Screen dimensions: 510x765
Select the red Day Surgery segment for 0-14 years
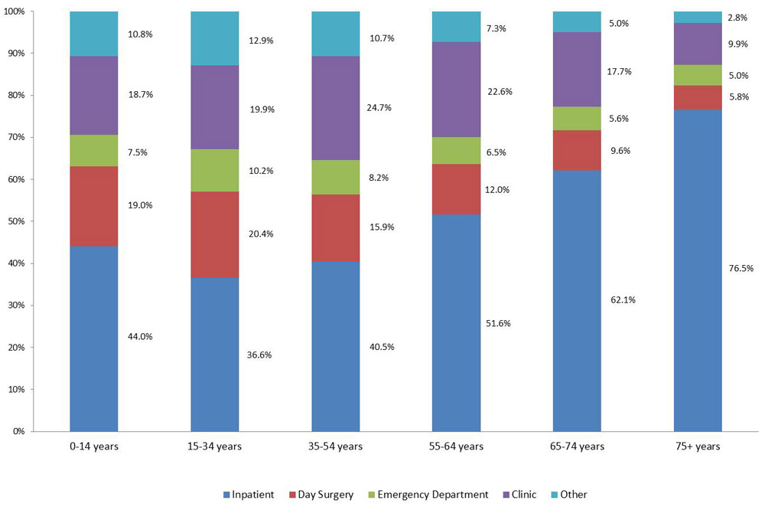93,206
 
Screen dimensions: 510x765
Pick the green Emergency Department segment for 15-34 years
214,170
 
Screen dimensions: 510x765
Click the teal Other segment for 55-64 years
456,27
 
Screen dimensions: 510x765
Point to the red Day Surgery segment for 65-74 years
577,150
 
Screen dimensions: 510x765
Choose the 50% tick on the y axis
16,221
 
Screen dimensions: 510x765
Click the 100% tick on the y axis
15,11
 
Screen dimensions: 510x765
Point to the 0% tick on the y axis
18,431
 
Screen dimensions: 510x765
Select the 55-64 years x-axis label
456,446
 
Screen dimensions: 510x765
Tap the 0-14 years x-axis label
93,446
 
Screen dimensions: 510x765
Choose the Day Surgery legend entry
322,495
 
